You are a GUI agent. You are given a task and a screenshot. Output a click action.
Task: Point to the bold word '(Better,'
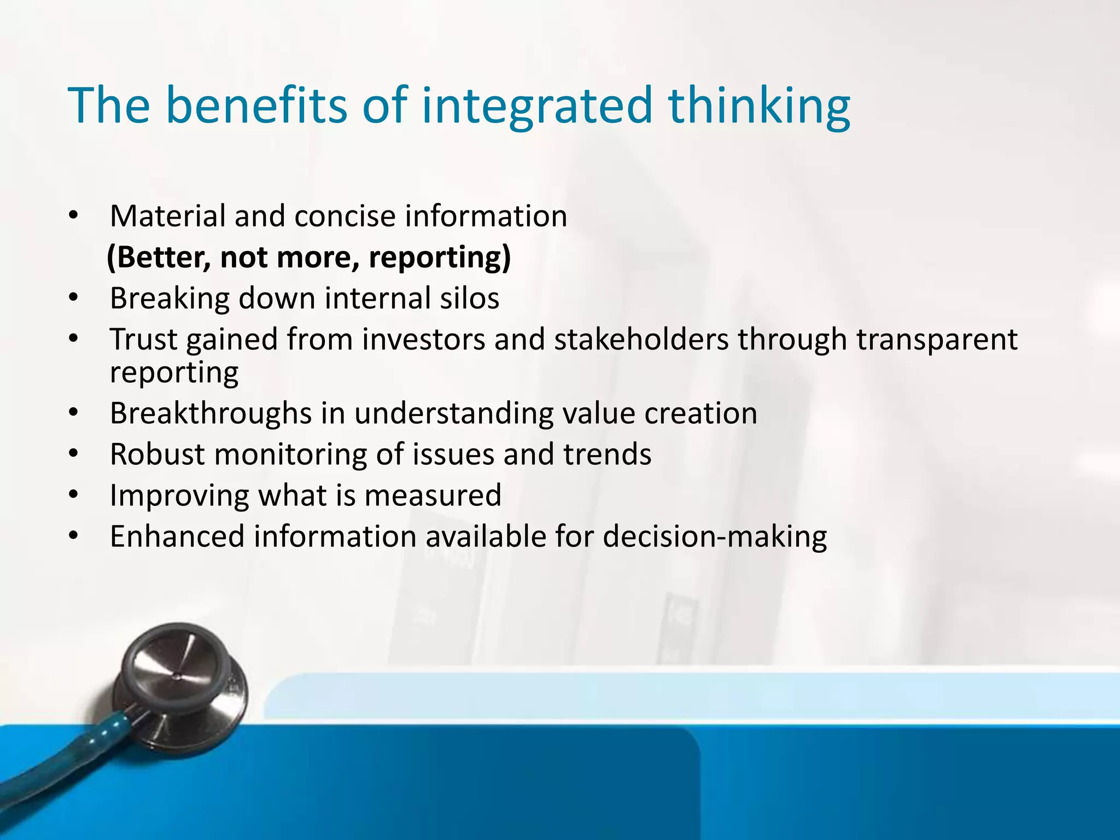[159, 258]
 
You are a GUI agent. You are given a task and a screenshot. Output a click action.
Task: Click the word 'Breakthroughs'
[210, 413]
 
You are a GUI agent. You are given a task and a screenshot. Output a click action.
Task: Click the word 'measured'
[433, 495]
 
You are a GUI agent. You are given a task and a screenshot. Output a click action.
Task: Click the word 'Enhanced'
[177, 536]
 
